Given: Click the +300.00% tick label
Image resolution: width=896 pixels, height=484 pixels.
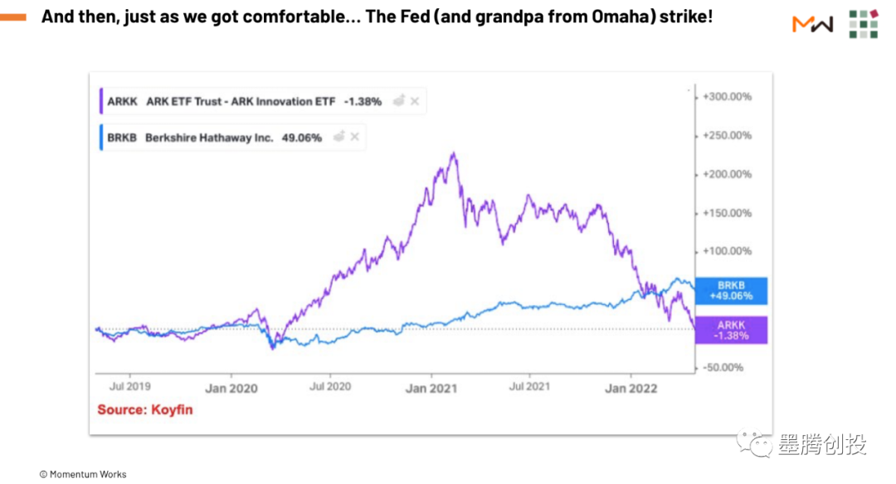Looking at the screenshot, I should point(727,97).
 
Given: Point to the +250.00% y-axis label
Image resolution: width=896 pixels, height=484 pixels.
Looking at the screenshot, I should point(727,135).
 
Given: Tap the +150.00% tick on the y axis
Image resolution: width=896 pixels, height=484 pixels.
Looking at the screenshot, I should point(727,213).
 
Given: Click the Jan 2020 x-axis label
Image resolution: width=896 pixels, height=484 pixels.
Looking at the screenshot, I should point(231,388).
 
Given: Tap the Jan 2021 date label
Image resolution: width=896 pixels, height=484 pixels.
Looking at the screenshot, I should point(431,388).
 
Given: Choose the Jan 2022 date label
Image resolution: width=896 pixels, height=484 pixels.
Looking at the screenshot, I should point(631,388).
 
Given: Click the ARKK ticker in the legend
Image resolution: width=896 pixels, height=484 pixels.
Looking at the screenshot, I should point(122,102).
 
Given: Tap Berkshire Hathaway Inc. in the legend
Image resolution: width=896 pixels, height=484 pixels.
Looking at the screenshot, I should point(209,138).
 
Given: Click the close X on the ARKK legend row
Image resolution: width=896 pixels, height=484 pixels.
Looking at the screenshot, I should point(415,102).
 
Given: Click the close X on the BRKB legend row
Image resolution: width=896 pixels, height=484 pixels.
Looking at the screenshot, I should point(354,138).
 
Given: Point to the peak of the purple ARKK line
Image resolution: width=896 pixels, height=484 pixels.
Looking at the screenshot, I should point(453,153).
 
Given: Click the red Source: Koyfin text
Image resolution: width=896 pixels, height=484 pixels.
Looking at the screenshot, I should point(145,409).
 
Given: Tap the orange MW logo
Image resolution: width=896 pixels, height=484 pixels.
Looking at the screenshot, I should point(813,24).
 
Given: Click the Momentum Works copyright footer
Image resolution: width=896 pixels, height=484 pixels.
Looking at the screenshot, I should point(83,474).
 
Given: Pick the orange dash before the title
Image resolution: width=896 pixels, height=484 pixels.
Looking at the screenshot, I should point(13,17).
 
